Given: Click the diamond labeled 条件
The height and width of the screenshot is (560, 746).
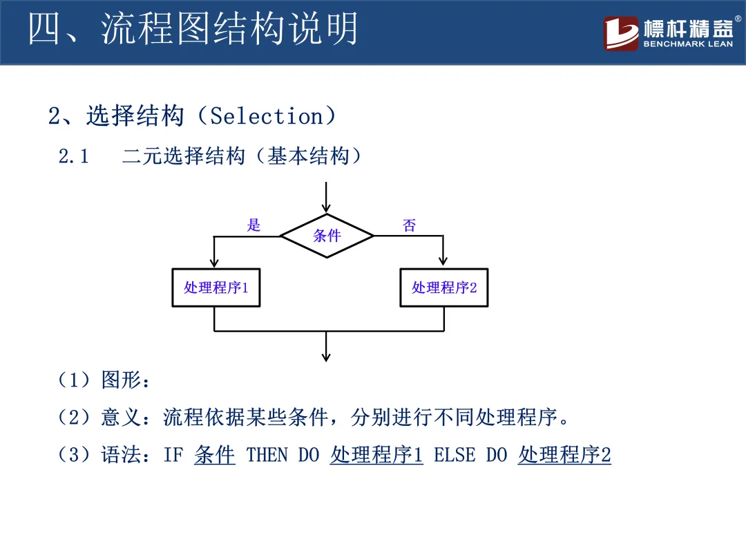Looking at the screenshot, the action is pos(327,236).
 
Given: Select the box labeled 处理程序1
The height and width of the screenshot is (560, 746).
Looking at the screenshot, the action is pos(215,288).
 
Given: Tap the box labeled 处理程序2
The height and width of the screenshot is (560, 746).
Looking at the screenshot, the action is pos(443,288).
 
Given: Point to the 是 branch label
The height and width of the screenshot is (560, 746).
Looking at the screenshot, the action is pos(254,225).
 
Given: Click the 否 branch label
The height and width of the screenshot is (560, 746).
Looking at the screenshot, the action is pos(410,225).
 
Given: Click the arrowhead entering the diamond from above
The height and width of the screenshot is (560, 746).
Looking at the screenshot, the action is pos(327,207).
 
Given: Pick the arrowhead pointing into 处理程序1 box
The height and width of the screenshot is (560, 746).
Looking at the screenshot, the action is pos(215,263).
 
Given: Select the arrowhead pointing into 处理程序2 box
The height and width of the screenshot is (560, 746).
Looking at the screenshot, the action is pos(443,263).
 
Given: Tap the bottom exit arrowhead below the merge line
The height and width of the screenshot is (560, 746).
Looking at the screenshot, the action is pos(327,356).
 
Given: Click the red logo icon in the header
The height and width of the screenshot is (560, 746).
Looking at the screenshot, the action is pos(621,33).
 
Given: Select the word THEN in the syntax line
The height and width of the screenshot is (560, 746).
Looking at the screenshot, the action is pos(267,455).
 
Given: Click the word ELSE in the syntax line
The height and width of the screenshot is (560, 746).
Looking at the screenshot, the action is pos(455,455).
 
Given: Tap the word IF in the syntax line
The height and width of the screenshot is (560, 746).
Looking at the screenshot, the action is pos(173,455).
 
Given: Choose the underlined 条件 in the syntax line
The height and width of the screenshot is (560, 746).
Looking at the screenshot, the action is pos(215,455).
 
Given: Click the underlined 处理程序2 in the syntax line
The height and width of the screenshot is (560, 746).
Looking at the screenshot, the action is pos(564,455).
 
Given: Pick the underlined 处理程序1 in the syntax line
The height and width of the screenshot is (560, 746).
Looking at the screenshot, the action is pos(376,455).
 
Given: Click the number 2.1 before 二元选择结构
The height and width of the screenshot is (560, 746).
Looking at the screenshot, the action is pos(74,157).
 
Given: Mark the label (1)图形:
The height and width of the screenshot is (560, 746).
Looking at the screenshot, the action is pos(104,380).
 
